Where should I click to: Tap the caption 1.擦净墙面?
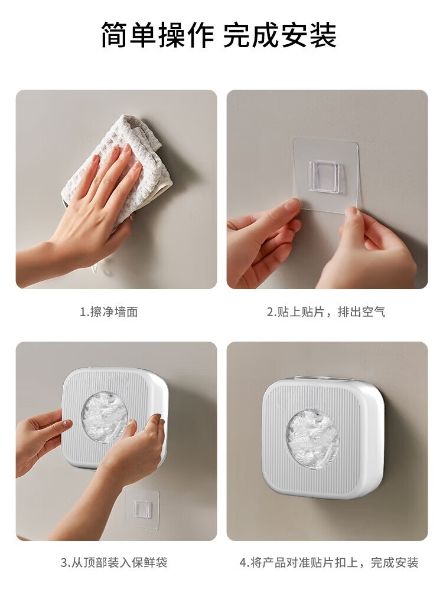tap(109, 312)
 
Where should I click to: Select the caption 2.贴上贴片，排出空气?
tap(326, 312)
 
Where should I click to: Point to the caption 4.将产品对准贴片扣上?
tap(301, 562)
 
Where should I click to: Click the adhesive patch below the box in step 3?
tap(143, 507)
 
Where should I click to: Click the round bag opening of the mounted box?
tap(313, 439)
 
